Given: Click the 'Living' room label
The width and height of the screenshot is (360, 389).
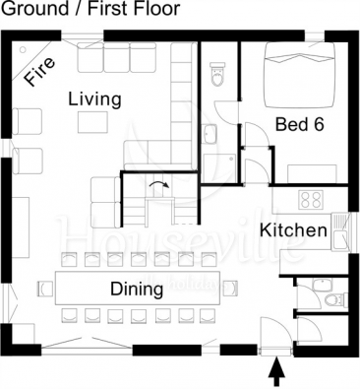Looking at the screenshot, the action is (94, 100).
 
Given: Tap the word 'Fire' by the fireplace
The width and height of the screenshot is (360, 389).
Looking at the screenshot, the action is (40, 72).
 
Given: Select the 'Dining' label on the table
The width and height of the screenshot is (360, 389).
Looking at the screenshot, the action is (137, 290).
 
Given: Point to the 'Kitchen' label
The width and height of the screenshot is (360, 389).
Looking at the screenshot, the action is (294, 230).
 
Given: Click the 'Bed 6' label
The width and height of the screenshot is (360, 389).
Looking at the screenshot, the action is (300, 124).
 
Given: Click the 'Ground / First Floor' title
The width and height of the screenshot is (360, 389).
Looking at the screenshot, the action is (90, 8).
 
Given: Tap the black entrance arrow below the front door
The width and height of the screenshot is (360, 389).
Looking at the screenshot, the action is (277, 371).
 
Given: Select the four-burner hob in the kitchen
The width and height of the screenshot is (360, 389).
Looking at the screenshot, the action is (311, 199).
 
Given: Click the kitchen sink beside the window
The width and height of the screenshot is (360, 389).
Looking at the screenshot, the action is (340, 231).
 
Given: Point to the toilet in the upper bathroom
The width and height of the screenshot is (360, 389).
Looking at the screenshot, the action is (217, 74).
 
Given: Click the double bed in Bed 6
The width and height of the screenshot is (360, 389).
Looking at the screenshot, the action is (300, 75).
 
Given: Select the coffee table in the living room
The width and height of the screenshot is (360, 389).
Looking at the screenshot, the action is (92, 122).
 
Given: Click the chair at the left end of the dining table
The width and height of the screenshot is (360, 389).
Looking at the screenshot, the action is (45, 289).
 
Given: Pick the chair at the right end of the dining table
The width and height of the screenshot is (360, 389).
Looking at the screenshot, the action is (231, 289).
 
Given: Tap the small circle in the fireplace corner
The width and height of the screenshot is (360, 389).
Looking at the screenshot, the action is (23, 50).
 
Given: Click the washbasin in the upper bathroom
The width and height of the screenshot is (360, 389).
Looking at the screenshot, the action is (209, 134).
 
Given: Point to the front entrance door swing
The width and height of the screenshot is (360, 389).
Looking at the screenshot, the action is (274, 333).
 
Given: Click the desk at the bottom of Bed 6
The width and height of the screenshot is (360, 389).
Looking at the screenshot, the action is (312, 174).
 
